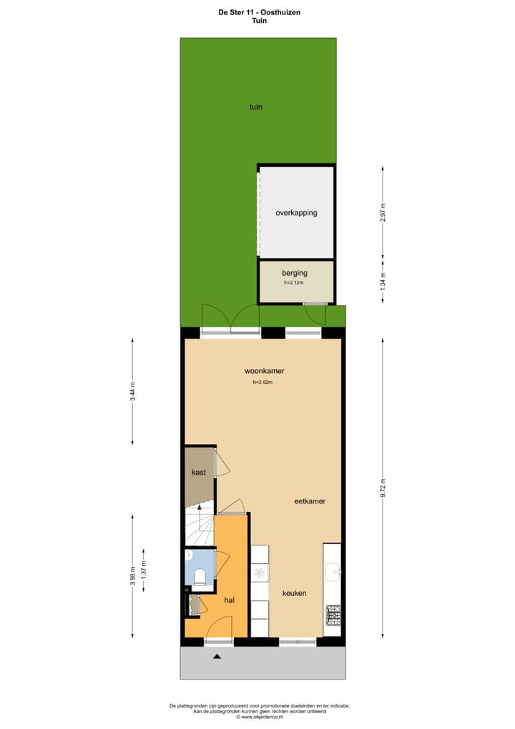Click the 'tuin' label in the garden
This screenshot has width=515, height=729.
(255, 107)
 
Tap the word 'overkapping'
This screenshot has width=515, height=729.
(296, 213)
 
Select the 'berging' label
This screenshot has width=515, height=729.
(294, 273)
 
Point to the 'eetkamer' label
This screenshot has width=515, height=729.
(310, 501)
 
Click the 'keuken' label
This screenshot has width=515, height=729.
(294, 593)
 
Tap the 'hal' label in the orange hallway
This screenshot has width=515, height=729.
(230, 600)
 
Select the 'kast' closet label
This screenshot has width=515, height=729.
(198, 473)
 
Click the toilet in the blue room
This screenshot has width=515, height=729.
(200, 575)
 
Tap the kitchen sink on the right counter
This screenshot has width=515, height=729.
(333, 571)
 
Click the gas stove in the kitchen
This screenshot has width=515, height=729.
(333, 614)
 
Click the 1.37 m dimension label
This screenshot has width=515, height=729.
(144, 570)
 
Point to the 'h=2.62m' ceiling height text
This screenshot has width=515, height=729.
(263, 382)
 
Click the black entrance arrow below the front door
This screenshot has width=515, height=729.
(217, 656)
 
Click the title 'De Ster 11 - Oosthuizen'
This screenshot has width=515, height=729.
(257, 11)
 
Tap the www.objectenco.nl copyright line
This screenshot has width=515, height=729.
(260, 717)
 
